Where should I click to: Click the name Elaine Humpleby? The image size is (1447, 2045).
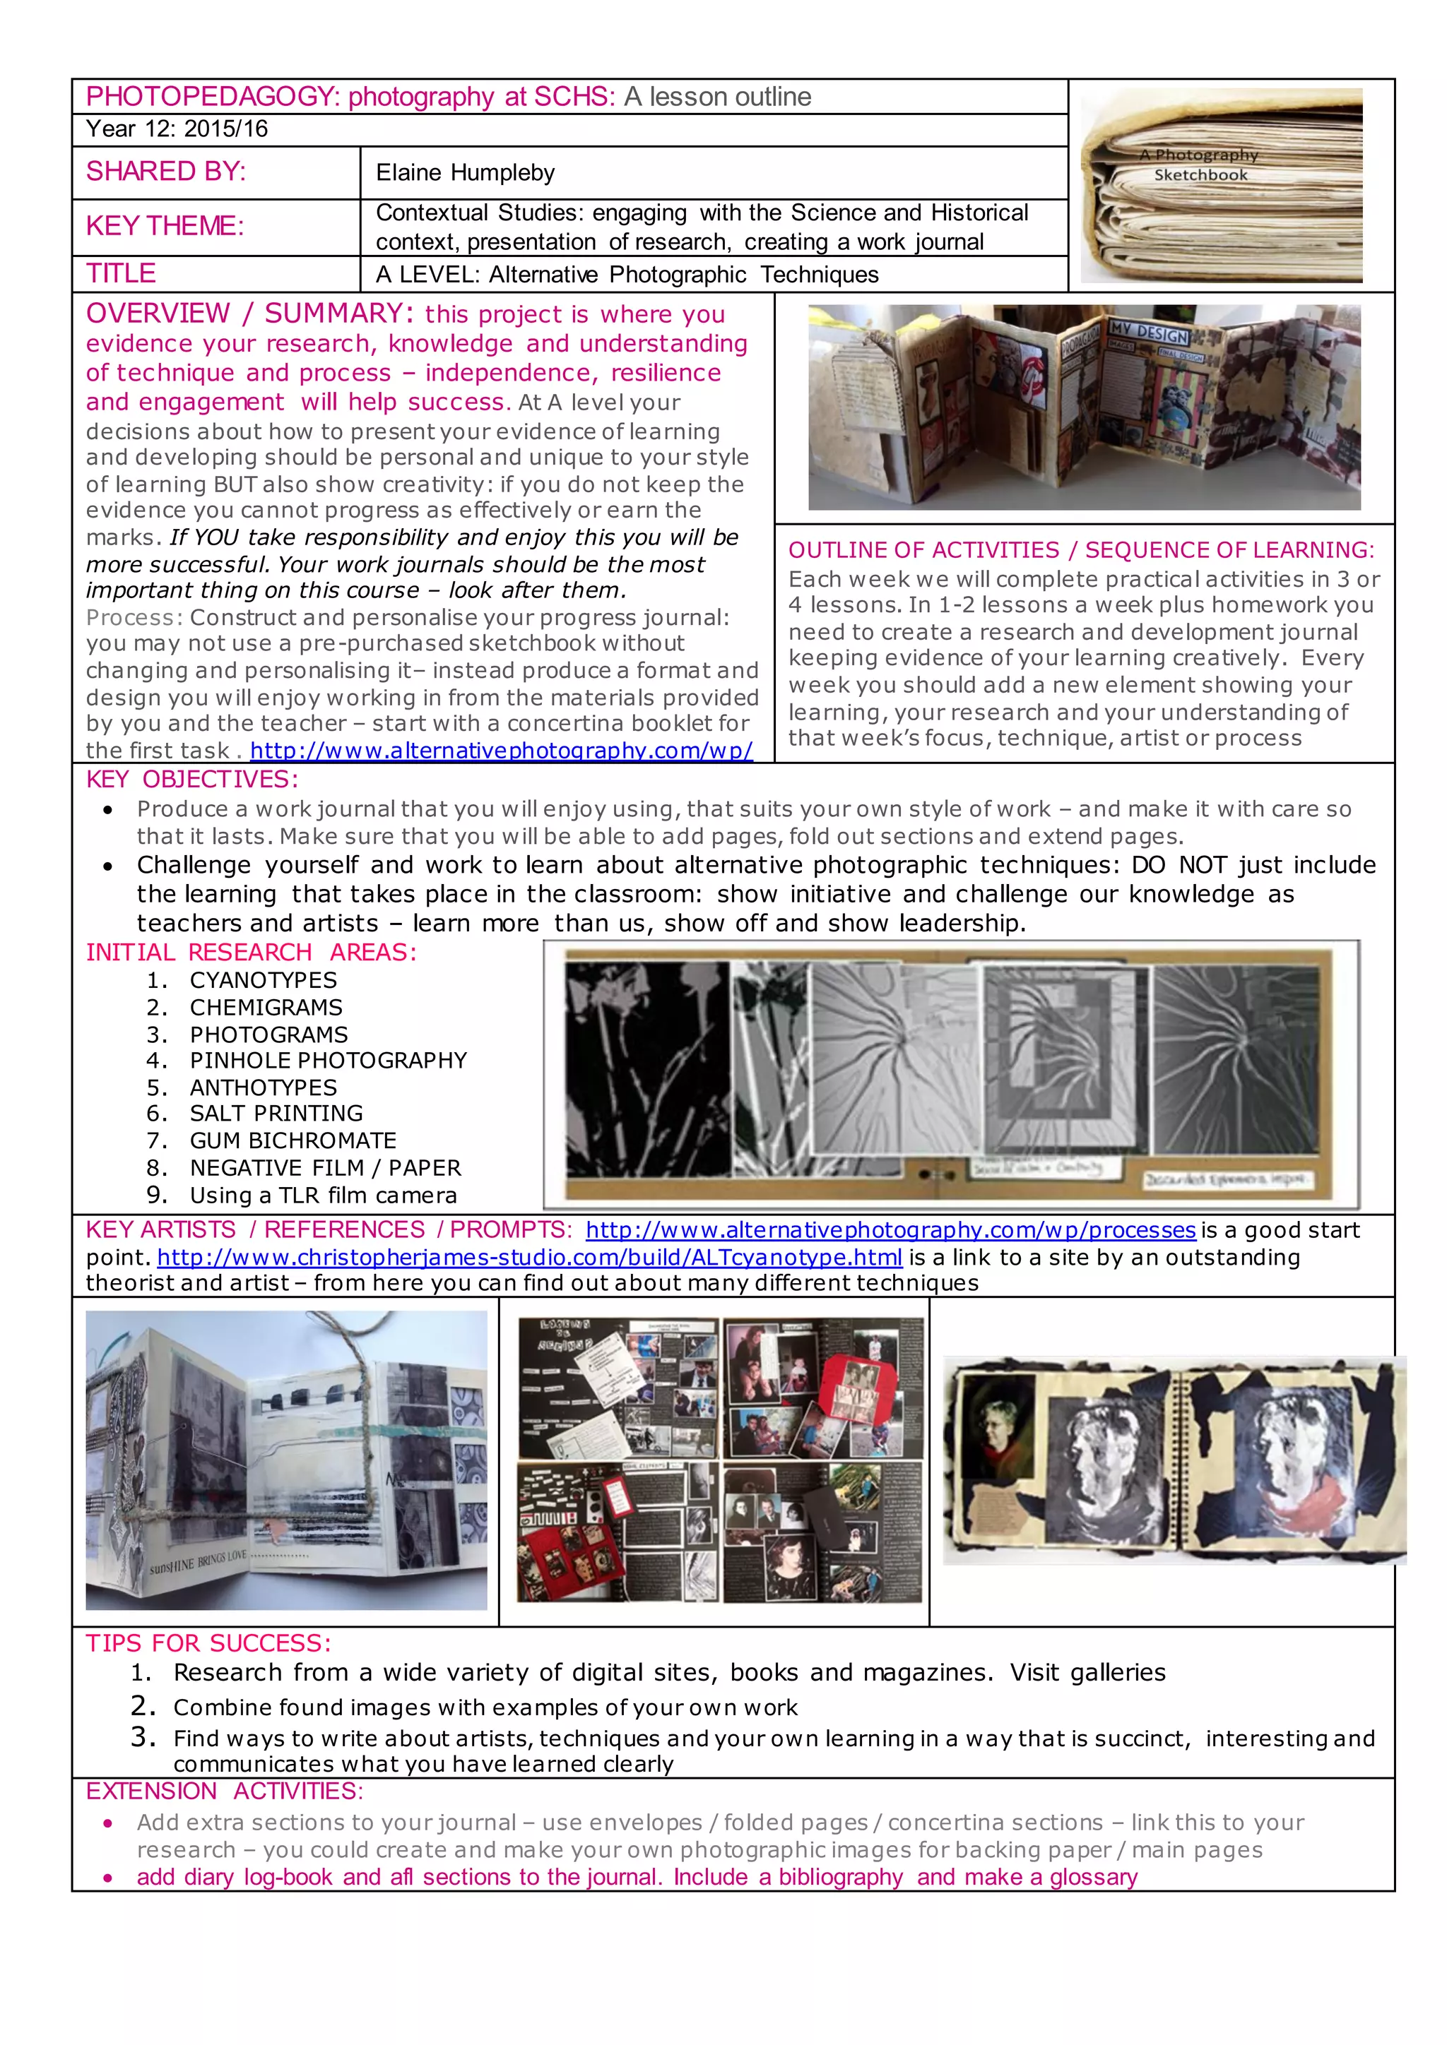coord(464,173)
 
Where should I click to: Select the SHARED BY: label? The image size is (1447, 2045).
coord(166,172)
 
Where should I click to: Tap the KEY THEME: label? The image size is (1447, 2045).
coord(165,226)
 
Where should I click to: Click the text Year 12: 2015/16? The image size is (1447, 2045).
coord(177,129)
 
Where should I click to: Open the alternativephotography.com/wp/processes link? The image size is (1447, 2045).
coord(890,1230)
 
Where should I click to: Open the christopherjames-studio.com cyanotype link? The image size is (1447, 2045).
coord(529,1258)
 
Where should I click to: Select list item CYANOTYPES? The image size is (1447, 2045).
coord(263,981)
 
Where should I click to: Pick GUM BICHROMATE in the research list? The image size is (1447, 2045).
coord(293,1141)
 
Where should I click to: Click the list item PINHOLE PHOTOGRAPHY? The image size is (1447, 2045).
coord(328,1061)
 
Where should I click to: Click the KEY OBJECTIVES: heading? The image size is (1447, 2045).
coord(192,780)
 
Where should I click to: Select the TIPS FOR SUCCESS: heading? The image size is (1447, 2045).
coord(208,1643)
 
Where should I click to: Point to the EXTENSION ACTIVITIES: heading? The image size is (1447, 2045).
coord(225,1791)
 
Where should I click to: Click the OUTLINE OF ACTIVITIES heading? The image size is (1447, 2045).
coord(1081,550)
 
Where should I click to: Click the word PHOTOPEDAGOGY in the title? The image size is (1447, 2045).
coord(213,96)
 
